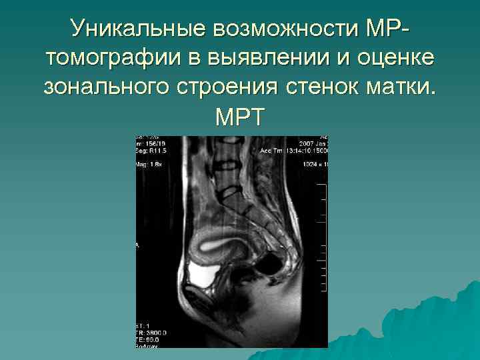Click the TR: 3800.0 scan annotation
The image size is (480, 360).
(152, 331)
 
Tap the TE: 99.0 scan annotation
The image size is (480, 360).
(149, 339)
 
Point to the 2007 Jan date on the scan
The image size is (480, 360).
(312, 143)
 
